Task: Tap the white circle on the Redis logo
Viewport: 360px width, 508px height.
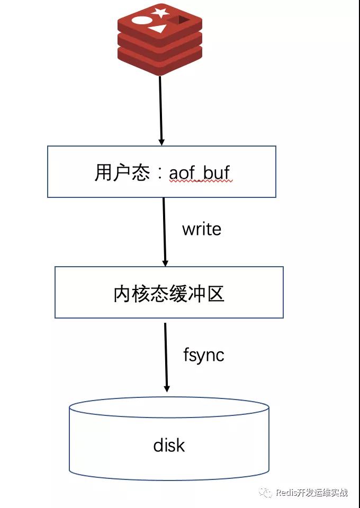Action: pos(141,21)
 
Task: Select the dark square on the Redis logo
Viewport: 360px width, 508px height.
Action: pos(178,20)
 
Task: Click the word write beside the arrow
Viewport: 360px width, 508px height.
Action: pos(202,229)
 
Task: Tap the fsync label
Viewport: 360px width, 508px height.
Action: pos(203,355)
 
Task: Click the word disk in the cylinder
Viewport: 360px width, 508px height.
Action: pos(169,445)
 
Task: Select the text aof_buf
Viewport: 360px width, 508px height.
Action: pos(200,173)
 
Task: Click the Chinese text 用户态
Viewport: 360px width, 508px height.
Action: pos(122,172)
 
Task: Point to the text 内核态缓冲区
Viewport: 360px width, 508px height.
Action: pos(169,294)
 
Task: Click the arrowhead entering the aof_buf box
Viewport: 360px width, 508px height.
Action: pos(161,142)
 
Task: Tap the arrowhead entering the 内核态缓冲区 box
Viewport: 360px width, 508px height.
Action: pos(165,263)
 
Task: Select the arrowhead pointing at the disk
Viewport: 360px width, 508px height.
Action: pos(167,388)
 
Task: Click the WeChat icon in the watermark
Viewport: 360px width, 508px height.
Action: pos(266,493)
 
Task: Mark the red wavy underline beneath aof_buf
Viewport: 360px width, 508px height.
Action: pos(201,182)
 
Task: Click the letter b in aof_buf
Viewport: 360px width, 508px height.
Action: pos(208,171)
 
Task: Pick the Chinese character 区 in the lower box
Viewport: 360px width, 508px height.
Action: pos(216,294)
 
